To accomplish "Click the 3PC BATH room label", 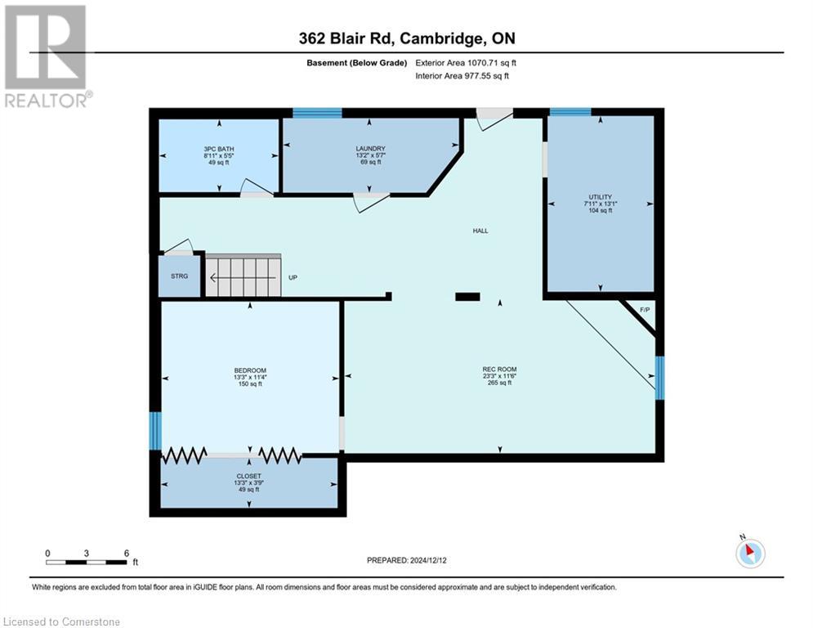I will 219,150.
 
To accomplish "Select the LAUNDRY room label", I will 370,149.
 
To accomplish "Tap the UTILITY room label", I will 600,197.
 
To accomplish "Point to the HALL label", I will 480,231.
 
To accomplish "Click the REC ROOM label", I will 499,370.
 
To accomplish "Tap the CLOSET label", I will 249,476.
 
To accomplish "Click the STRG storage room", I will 179,276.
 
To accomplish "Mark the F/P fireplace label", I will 644,310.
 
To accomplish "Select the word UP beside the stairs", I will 293,277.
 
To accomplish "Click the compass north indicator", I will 749,552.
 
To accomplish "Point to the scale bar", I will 87,562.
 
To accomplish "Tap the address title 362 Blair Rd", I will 406,38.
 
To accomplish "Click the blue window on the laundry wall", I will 317,113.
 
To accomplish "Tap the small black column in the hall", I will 467,297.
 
